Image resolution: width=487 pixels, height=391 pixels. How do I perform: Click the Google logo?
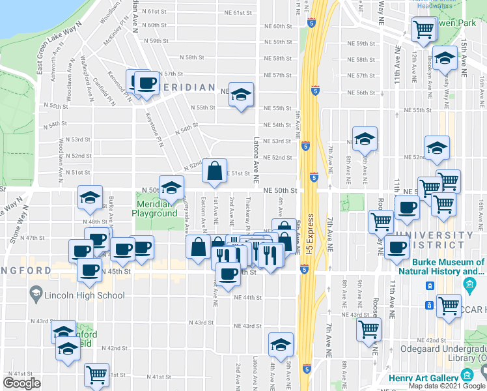coord(21,383)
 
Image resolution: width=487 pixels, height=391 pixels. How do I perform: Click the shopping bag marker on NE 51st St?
coord(214,171)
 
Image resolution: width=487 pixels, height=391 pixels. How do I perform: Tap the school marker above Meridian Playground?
coord(172,187)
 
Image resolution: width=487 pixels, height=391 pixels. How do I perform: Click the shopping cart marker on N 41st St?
coord(96,374)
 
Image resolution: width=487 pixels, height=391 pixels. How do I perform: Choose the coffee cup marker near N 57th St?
coord(146,83)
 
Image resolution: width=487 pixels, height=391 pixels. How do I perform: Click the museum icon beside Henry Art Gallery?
coord(467,375)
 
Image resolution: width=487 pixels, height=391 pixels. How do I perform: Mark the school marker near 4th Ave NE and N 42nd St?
coord(281,344)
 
